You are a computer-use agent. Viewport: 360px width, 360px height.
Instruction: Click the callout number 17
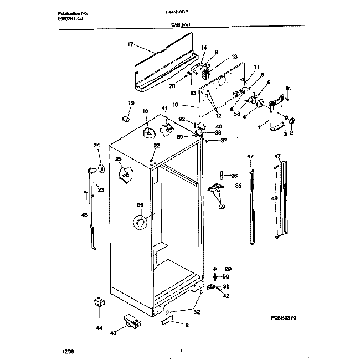coord(131,44)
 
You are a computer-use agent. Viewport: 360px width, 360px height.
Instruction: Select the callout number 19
coord(131,103)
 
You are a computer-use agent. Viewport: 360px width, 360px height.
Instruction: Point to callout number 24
coord(96,146)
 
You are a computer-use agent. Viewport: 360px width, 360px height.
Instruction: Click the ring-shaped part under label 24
coord(101,168)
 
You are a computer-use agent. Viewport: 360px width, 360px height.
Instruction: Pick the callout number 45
coord(84,215)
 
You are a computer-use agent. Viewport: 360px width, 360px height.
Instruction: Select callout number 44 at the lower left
coord(99,328)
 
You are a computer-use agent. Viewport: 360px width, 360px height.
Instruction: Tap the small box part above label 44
coord(100,302)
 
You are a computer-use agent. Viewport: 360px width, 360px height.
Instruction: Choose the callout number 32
coord(197,311)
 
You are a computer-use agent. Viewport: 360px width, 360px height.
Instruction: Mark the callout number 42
coord(226,296)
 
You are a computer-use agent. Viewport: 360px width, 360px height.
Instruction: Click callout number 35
coord(238,186)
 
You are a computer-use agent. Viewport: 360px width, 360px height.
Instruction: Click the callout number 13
coord(234,56)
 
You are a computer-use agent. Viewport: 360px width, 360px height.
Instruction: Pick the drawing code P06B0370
coord(285,318)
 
